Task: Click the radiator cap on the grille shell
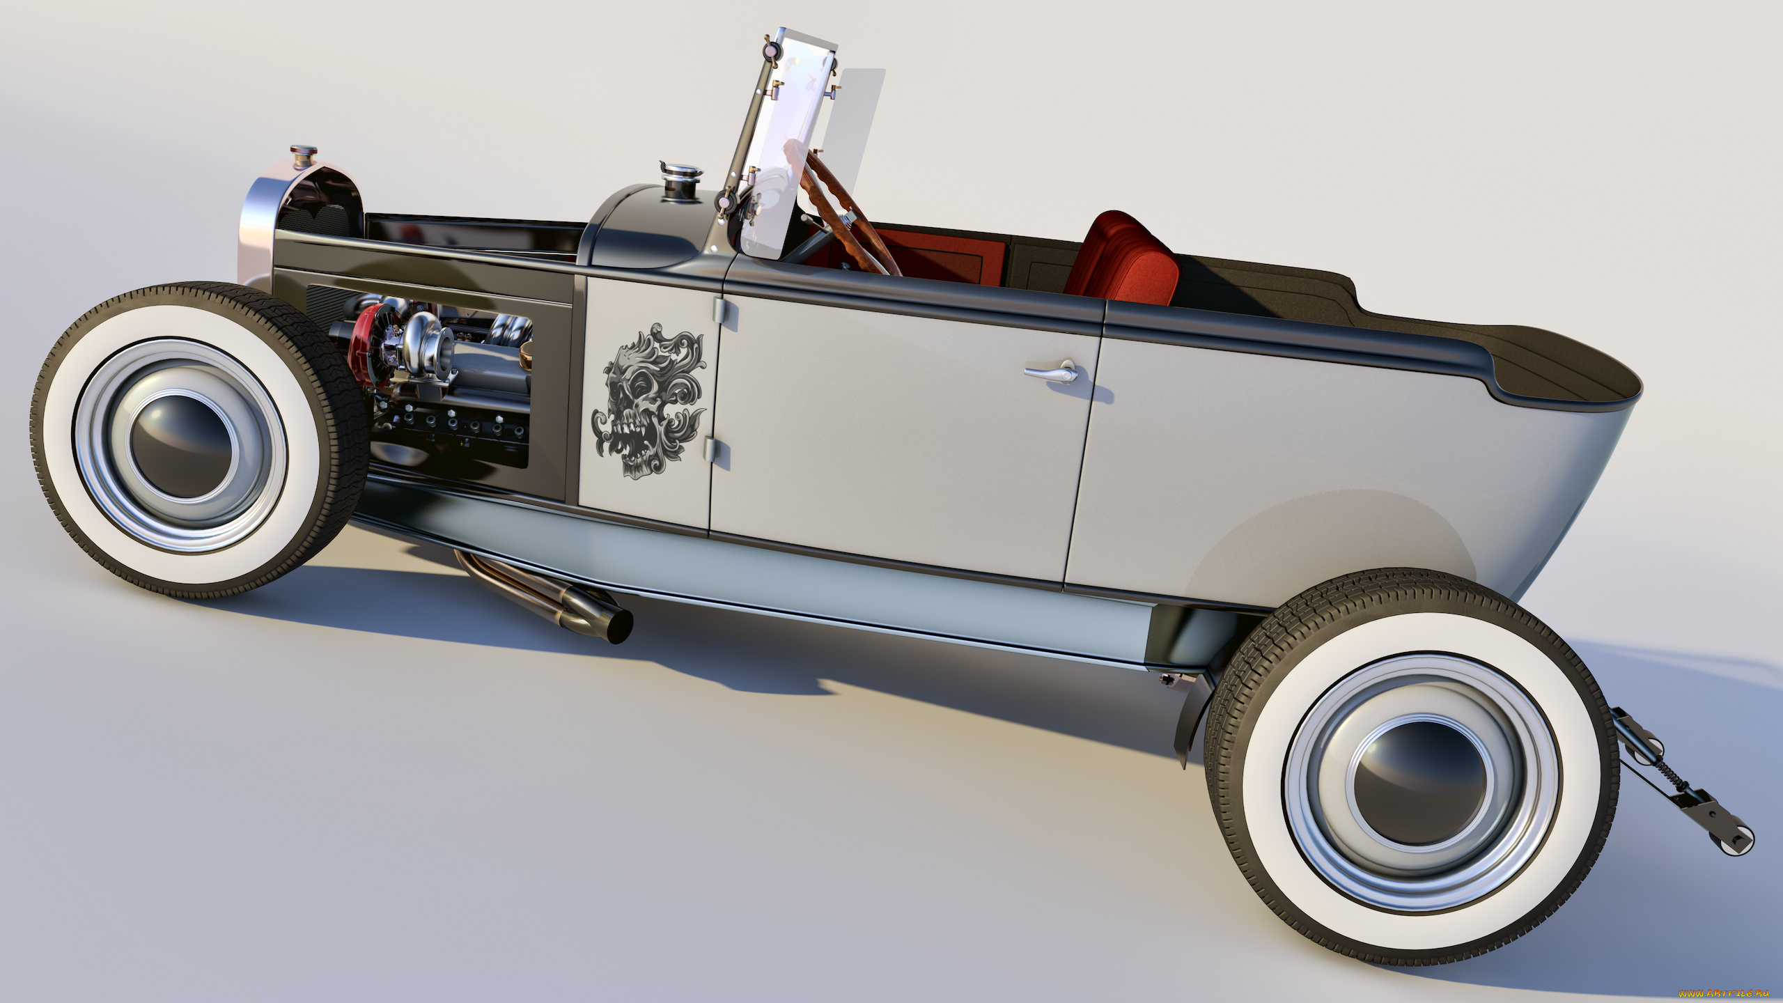(x=304, y=154)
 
